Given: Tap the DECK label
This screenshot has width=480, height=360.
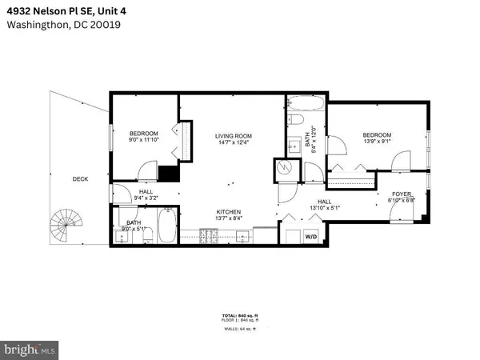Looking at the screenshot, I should (x=80, y=178).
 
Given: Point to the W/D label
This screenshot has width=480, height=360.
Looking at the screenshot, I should (x=310, y=237).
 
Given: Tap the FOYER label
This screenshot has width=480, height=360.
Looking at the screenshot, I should (x=402, y=194).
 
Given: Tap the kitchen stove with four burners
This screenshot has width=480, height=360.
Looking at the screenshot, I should (x=209, y=235).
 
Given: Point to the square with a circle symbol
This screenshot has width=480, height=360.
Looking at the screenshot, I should (x=284, y=170).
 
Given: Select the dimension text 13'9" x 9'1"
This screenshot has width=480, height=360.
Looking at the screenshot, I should (x=376, y=142).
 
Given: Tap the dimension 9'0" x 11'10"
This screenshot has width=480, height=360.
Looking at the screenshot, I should (x=145, y=140).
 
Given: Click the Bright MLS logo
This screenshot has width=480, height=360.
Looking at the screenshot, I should (x=30, y=350).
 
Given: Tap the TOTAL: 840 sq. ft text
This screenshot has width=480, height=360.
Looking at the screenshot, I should (x=239, y=315).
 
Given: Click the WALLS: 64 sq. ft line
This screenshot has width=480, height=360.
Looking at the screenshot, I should (x=239, y=328).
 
